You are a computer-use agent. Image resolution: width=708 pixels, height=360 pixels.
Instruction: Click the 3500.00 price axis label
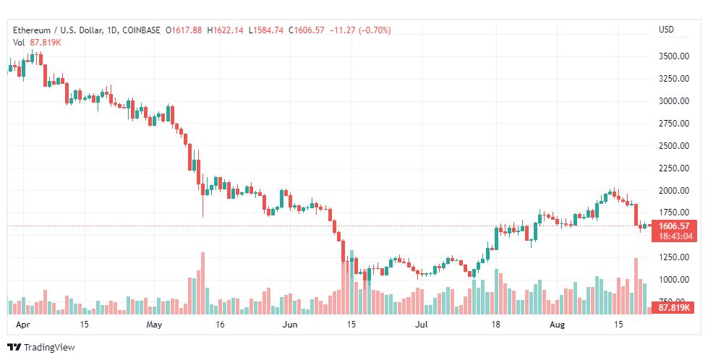tap(674, 56)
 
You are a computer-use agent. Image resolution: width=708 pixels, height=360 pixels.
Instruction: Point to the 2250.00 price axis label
tap(674, 168)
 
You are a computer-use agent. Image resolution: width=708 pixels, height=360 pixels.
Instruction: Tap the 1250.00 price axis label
tap(674, 257)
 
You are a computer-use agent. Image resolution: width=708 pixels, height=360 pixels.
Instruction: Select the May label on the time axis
tap(155, 325)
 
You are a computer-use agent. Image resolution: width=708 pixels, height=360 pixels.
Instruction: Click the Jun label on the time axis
tap(290, 325)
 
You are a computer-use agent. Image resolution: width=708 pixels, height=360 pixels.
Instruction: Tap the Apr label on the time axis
tap(22, 325)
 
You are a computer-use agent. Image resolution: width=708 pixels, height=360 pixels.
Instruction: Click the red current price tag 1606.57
tap(674, 226)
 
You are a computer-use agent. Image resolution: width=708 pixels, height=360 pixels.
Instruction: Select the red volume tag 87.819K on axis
tap(674, 308)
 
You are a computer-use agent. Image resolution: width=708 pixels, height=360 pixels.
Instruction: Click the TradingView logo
tap(41, 348)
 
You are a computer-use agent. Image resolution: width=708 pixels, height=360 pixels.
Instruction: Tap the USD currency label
tap(666, 30)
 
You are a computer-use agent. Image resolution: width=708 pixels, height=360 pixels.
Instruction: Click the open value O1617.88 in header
tap(184, 30)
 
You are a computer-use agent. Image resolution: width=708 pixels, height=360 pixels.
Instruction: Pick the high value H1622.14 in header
tap(225, 30)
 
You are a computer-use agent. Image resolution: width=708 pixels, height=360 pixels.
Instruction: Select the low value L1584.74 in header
tap(266, 30)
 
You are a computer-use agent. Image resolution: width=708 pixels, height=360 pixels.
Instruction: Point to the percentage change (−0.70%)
tap(375, 30)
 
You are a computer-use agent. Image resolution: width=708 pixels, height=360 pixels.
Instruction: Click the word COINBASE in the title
tap(141, 30)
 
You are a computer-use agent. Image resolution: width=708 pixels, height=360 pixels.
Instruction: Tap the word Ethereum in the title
tap(32, 30)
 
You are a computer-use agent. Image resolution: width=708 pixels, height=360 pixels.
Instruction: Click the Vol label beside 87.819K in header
tap(19, 43)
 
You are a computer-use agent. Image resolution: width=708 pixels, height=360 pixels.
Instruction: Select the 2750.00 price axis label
tap(674, 124)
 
